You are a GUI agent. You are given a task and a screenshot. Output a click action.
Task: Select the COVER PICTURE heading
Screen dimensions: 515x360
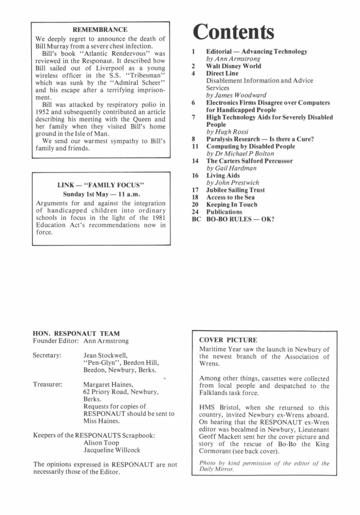(228, 340)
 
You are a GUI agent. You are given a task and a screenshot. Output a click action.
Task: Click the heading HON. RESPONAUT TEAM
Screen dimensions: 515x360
(76, 333)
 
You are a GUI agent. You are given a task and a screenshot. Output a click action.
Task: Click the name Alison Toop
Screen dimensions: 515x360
(101, 442)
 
